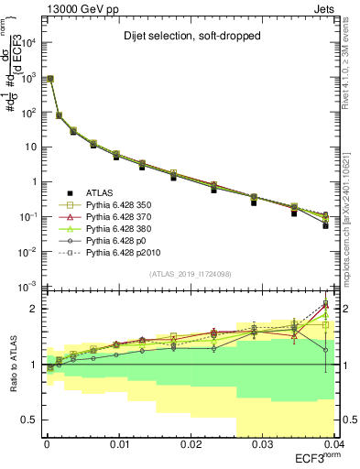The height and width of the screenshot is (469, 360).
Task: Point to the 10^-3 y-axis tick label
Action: (28, 286)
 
